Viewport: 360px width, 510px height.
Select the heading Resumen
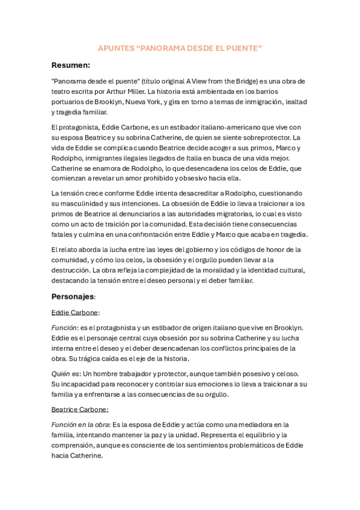(x=70, y=65)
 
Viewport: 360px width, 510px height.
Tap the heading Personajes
(x=73, y=296)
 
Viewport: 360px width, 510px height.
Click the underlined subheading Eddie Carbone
(x=75, y=313)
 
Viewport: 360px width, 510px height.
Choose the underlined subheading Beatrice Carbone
(x=79, y=409)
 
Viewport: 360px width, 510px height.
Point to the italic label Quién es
(x=65, y=373)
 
